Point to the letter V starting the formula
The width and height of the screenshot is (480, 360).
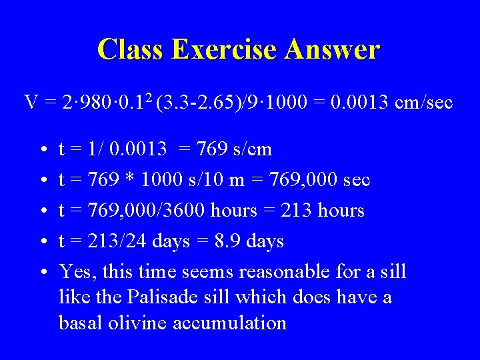coord(31,103)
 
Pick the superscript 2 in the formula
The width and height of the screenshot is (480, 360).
coord(150,98)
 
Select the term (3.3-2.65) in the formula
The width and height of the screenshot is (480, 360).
coord(193,103)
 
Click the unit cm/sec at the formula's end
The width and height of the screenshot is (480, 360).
coord(423,103)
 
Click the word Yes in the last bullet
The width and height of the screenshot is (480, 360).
coord(74,271)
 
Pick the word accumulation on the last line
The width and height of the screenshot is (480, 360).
coord(229,323)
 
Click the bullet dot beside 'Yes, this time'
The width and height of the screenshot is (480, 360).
coord(42,272)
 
